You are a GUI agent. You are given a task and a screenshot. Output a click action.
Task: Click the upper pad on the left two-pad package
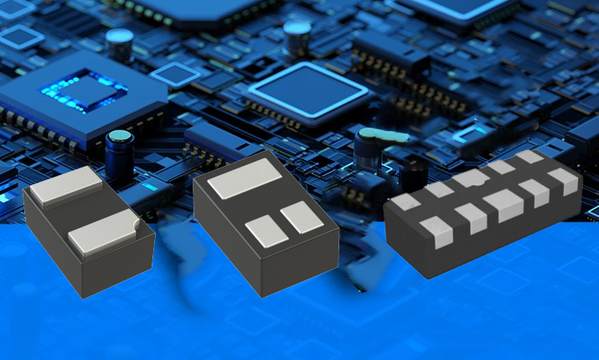tap(67, 186)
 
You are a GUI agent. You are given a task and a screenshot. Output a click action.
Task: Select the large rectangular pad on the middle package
tap(244, 177)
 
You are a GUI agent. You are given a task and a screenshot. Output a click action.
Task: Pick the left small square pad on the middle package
tap(267, 230)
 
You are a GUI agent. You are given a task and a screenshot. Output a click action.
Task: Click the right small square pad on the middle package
tap(301, 217)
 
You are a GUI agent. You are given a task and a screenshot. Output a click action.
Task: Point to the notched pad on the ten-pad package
tap(468, 178)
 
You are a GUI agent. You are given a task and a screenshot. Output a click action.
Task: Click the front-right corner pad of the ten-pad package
tap(564, 181)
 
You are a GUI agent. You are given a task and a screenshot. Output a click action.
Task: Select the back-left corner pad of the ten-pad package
tap(405, 202)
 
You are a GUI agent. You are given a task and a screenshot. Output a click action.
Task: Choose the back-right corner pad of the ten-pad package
tap(529, 157)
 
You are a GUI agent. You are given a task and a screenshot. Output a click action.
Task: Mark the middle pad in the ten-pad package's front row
tap(503, 205)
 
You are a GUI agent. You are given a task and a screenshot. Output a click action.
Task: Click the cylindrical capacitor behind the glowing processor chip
tap(120, 44)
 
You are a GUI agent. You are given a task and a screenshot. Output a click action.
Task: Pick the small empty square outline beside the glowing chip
tap(175, 75)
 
